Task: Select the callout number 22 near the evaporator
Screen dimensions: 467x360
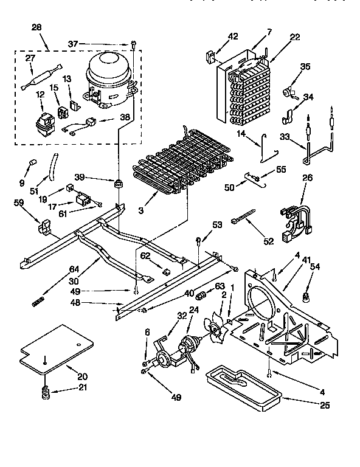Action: pyautogui.click(x=295, y=38)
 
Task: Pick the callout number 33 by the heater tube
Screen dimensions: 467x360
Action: pyautogui.click(x=283, y=137)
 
